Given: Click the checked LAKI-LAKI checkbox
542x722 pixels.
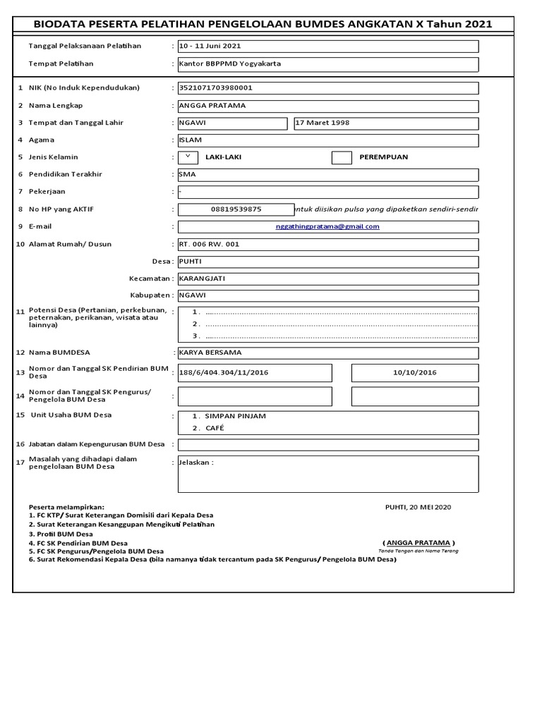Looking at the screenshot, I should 188,157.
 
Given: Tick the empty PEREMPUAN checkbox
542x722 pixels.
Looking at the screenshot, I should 342,157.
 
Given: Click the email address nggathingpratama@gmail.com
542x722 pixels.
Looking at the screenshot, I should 327,226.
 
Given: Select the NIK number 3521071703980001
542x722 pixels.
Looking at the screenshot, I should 216,88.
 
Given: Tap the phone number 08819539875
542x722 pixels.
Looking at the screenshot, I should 236,209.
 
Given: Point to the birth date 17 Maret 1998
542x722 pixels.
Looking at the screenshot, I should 322,123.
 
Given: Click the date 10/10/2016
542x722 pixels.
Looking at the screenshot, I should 415,372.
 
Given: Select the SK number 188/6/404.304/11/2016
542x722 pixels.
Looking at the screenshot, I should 224,372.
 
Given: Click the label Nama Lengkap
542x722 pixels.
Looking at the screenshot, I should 56,105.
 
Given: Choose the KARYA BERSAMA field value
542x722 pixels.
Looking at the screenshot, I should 210,353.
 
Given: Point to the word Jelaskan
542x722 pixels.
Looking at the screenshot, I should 196,463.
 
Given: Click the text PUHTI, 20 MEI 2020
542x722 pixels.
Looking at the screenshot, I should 418,507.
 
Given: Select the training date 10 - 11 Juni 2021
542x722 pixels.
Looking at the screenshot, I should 210,46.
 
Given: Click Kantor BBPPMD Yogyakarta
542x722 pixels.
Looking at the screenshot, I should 229,63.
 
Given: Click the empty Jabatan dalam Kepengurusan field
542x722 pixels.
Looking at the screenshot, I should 327,445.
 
